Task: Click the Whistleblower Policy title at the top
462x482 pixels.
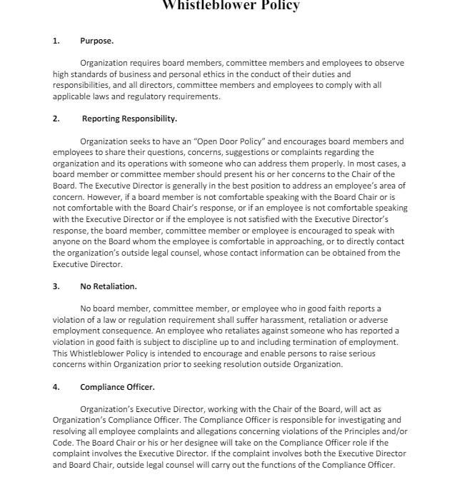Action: (231, 6)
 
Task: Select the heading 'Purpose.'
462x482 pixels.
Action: (96, 41)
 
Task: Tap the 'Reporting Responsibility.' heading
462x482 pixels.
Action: (129, 119)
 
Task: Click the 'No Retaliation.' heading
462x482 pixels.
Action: (109, 286)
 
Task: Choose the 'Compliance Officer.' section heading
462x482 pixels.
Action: (117, 387)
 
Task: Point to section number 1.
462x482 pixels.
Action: (56, 41)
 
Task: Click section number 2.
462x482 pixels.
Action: (56, 119)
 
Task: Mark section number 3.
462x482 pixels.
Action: (56, 286)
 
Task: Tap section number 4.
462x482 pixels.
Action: (56, 387)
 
